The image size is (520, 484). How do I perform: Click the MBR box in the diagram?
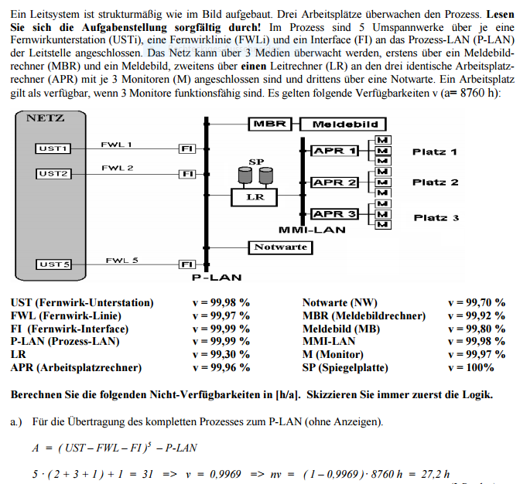pos(269,124)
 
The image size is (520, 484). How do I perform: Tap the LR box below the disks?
pos(255,196)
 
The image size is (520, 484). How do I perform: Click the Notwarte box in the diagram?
pos(280,247)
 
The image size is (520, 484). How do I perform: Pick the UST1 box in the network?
pos(53,148)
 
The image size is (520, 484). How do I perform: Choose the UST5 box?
pos(53,264)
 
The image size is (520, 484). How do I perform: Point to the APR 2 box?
pos(334,182)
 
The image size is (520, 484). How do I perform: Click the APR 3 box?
pos(334,214)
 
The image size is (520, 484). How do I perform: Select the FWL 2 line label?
pos(117,168)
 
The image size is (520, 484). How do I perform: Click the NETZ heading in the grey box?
pos(46,118)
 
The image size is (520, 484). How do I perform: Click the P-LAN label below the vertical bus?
pos(217,277)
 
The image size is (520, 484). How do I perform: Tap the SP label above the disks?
pos(257,161)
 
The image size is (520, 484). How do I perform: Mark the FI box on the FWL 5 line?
pos(186,264)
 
